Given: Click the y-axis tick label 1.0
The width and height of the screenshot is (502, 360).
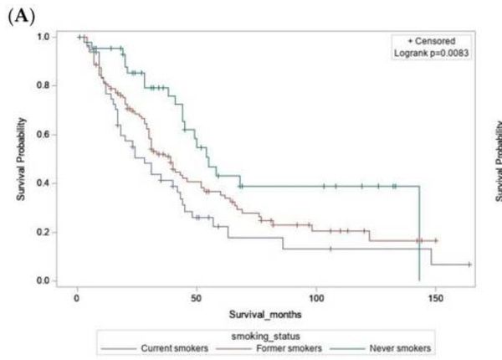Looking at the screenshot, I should coord(51,37).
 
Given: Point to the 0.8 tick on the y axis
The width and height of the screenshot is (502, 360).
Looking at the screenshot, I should coord(51,85).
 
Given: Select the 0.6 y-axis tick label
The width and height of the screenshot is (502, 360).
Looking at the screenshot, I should coord(51,134).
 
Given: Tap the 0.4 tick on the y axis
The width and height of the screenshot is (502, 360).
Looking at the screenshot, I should coord(51,183).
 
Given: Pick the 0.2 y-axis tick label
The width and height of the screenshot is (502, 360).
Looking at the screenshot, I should coord(51,231).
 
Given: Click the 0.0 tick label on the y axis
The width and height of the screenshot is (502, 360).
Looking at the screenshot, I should coord(51,280).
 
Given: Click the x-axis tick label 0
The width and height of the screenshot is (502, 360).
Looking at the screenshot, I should coord(77,297).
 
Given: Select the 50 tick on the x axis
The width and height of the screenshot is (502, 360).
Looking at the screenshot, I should coord(196,297).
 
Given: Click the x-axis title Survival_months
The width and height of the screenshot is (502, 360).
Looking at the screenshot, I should coord(266,316).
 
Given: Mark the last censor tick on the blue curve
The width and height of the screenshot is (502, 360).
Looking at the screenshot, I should coord(469,265).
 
